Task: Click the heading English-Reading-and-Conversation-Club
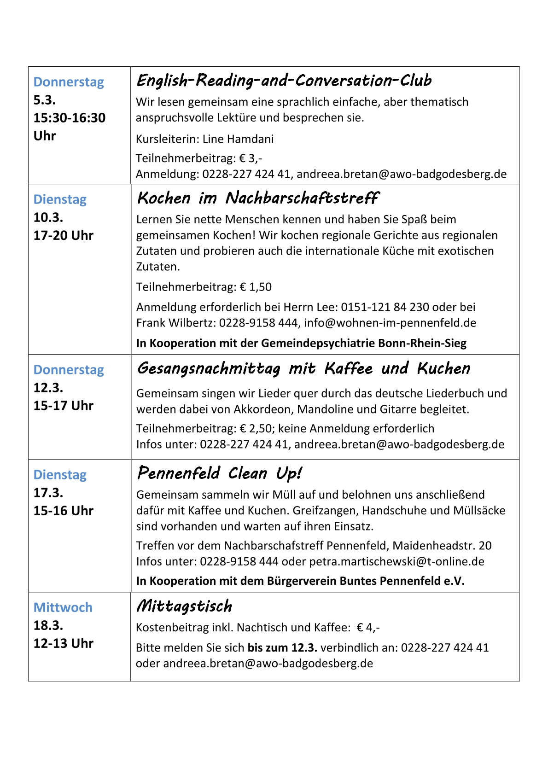[284, 81]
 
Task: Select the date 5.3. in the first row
[44, 100]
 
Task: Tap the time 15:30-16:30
[69, 118]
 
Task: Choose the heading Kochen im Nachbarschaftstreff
[257, 198]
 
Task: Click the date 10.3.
[48, 217]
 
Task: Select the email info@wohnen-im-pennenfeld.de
[390, 323]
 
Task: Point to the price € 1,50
[256, 287]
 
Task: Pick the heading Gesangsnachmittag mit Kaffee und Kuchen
[303, 368]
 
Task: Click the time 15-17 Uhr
[63, 406]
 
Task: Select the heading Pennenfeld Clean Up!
[219, 473]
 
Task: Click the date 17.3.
[48, 493]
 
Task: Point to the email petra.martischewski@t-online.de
[396, 562]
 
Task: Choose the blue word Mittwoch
[63, 607]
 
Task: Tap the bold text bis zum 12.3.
[282, 648]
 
